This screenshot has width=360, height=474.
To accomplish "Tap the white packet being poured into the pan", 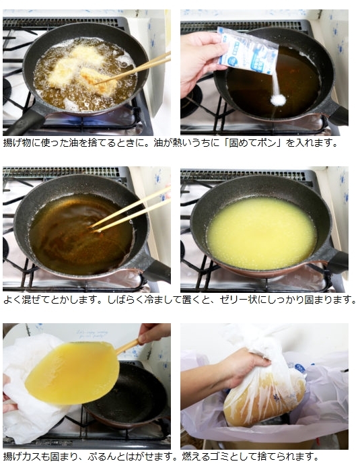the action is coord(248,50).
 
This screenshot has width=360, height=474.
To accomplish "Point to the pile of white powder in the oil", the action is coord(278,100).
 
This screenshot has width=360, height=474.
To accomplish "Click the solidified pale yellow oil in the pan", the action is coord(262,233).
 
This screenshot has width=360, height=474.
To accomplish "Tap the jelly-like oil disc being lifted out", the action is coord(73,372).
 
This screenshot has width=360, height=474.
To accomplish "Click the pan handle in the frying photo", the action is coord(26,123).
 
